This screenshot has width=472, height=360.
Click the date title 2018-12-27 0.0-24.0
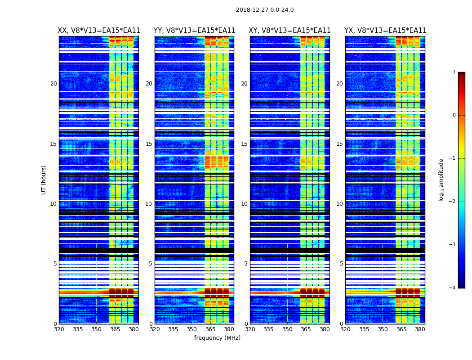265,10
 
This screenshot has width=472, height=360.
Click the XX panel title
99,31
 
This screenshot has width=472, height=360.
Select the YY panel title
194,31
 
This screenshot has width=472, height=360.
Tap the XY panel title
290,31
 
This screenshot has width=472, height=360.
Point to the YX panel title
385,31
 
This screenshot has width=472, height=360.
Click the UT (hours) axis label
44,180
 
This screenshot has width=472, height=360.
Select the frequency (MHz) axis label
217,338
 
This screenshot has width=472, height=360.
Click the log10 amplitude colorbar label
441,180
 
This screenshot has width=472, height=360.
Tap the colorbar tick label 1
454,72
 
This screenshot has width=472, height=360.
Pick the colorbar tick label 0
454,115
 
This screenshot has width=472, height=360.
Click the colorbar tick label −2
453,202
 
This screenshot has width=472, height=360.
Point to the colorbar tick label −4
453,288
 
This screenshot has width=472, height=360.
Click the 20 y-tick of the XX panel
53,84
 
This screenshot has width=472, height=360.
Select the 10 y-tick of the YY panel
149,204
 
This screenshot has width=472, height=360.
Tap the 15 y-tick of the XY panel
244,144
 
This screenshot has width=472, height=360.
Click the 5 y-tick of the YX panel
341,264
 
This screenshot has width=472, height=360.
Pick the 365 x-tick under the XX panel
115,329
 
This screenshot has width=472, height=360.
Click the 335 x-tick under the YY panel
173,329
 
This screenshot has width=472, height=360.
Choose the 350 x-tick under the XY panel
287,329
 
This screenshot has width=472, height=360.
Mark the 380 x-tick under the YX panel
420,329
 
